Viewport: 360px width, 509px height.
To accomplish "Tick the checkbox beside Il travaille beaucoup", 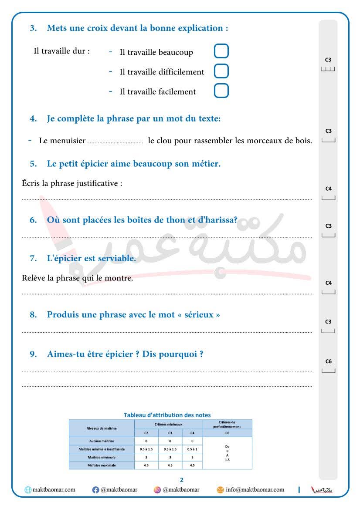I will [221, 51].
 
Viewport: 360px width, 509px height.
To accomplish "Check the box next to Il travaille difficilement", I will [221, 71].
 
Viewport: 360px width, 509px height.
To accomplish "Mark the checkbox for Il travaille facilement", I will [221, 91].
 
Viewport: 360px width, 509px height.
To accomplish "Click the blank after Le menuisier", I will [115, 142].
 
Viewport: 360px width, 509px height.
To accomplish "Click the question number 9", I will [33, 354].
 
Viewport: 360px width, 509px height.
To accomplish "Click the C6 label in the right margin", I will [329, 361].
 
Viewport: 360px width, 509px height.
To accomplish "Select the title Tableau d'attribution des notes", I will [167, 415].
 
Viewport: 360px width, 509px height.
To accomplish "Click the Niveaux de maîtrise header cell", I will [102, 428].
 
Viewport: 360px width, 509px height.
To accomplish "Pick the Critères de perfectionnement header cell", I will [227, 424].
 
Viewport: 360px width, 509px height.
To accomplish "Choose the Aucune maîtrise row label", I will [102, 441].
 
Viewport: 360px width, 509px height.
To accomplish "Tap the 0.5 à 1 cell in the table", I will [192, 449].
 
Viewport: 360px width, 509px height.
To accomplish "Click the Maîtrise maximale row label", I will [102, 465].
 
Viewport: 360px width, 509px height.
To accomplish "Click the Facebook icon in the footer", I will [96, 490].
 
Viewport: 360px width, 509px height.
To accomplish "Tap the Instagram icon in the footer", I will [157, 490].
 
